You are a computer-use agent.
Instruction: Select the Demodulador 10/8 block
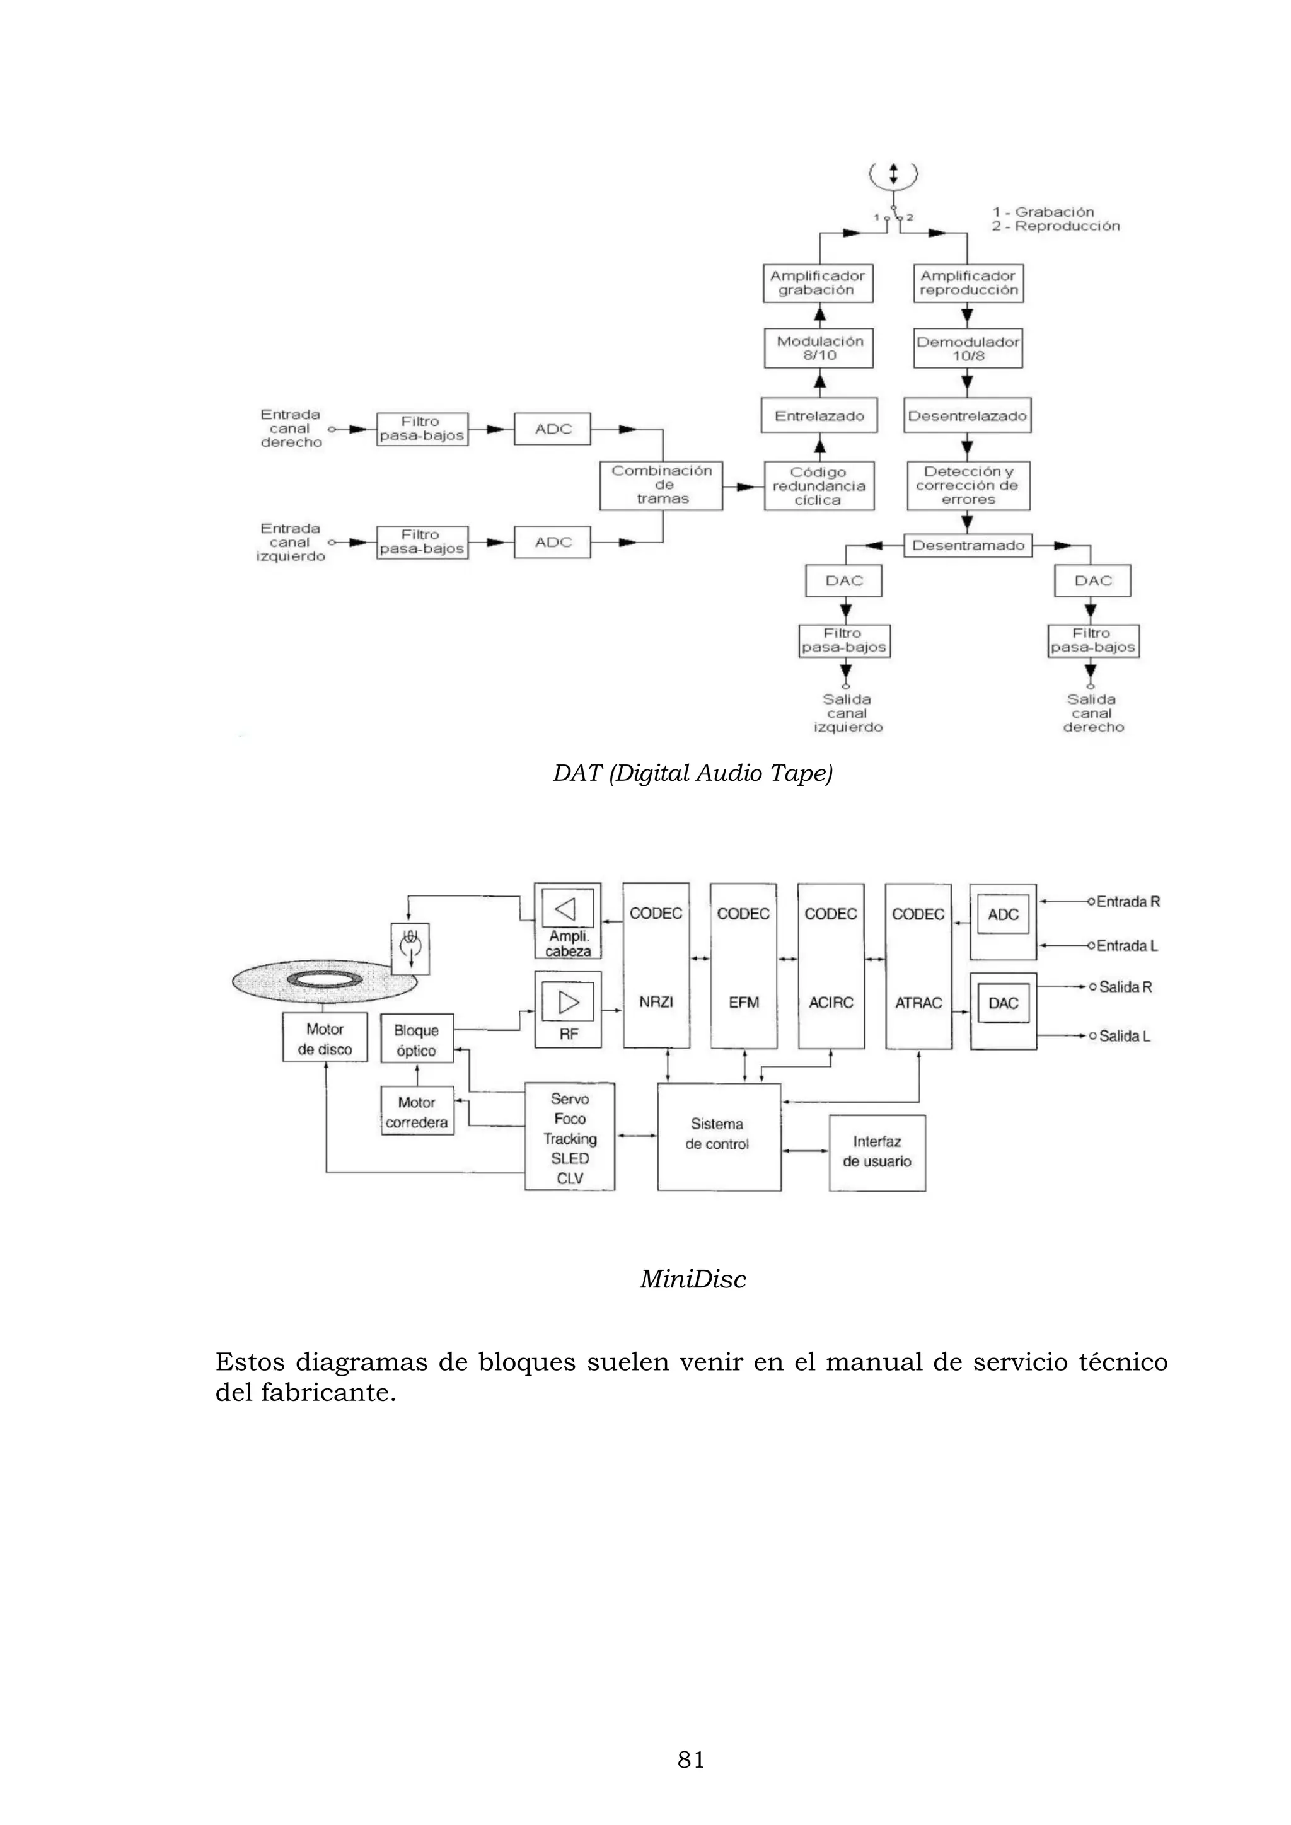968,348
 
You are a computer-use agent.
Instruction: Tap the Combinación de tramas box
661,485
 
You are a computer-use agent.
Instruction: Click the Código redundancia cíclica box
818,486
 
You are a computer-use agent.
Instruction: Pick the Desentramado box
968,545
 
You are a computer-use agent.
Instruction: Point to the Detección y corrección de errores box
968,486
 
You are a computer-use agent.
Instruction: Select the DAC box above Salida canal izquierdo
843,581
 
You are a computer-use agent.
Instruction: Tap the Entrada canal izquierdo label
290,543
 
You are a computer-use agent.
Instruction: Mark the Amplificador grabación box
816,283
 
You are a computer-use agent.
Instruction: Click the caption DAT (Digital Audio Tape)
692,773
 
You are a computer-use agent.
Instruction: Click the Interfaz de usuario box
877,1152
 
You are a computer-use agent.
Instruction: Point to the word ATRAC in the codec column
918,1003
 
